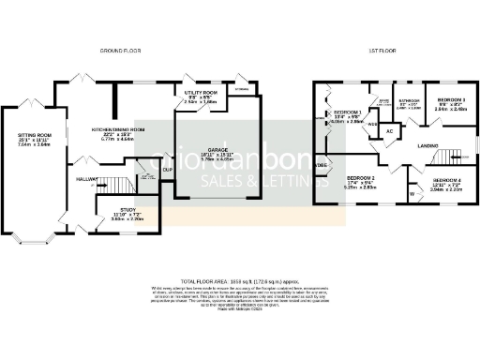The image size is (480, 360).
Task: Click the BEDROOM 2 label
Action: pos(360,177)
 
